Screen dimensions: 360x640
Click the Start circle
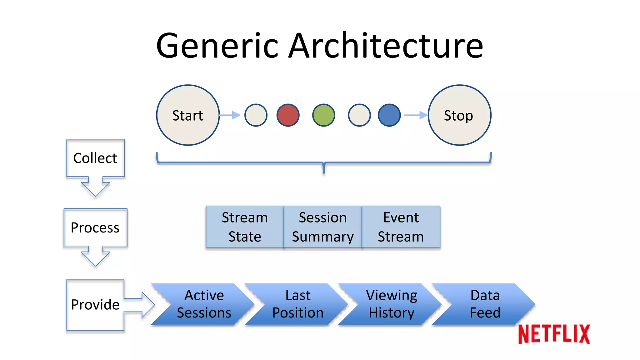pos(188,115)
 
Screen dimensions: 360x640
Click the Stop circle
pos(459,115)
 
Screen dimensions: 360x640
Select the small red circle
pos(288,115)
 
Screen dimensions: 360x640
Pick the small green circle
pos(323,115)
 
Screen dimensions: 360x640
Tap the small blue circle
pos(389,115)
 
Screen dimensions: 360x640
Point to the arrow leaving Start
pos(230,115)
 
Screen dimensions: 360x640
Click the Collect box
pos(95,158)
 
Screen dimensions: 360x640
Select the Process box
pos(95,227)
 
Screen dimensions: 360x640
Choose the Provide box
pos(95,305)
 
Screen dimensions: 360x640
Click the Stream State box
pos(245,227)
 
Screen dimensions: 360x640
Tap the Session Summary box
pos(323,227)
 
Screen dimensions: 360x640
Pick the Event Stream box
pos(401,227)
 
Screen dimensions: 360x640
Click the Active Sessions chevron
pos(204,304)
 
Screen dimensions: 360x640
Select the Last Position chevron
pos(297,304)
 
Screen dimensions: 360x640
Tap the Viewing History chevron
pos(391,304)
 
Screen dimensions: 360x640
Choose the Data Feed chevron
pos(485,304)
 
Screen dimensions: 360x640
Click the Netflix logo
pos(554,334)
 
